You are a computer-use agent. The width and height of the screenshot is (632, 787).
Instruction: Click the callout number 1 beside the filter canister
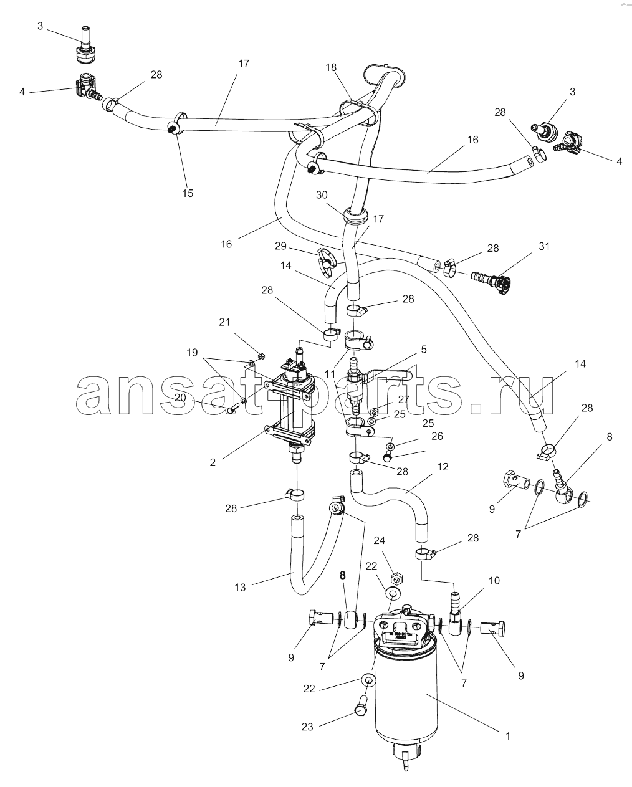tap(508, 736)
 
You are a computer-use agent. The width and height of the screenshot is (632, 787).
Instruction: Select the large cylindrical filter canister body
tap(405, 692)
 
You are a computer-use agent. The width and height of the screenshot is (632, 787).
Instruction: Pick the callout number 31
tap(544, 247)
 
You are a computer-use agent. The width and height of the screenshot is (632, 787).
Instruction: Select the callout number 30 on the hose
tap(322, 195)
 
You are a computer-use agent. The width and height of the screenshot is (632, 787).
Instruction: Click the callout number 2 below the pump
tap(213, 462)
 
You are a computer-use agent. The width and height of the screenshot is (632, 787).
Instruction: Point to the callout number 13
tap(241, 587)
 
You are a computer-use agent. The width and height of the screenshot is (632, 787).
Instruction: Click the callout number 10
tap(494, 581)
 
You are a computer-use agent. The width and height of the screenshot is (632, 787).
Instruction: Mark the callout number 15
tap(188, 193)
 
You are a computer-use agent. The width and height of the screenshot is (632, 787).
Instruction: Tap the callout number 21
tap(224, 322)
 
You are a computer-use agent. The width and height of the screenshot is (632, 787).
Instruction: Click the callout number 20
tap(180, 398)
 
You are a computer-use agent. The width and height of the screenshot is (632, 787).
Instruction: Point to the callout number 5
tap(424, 350)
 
